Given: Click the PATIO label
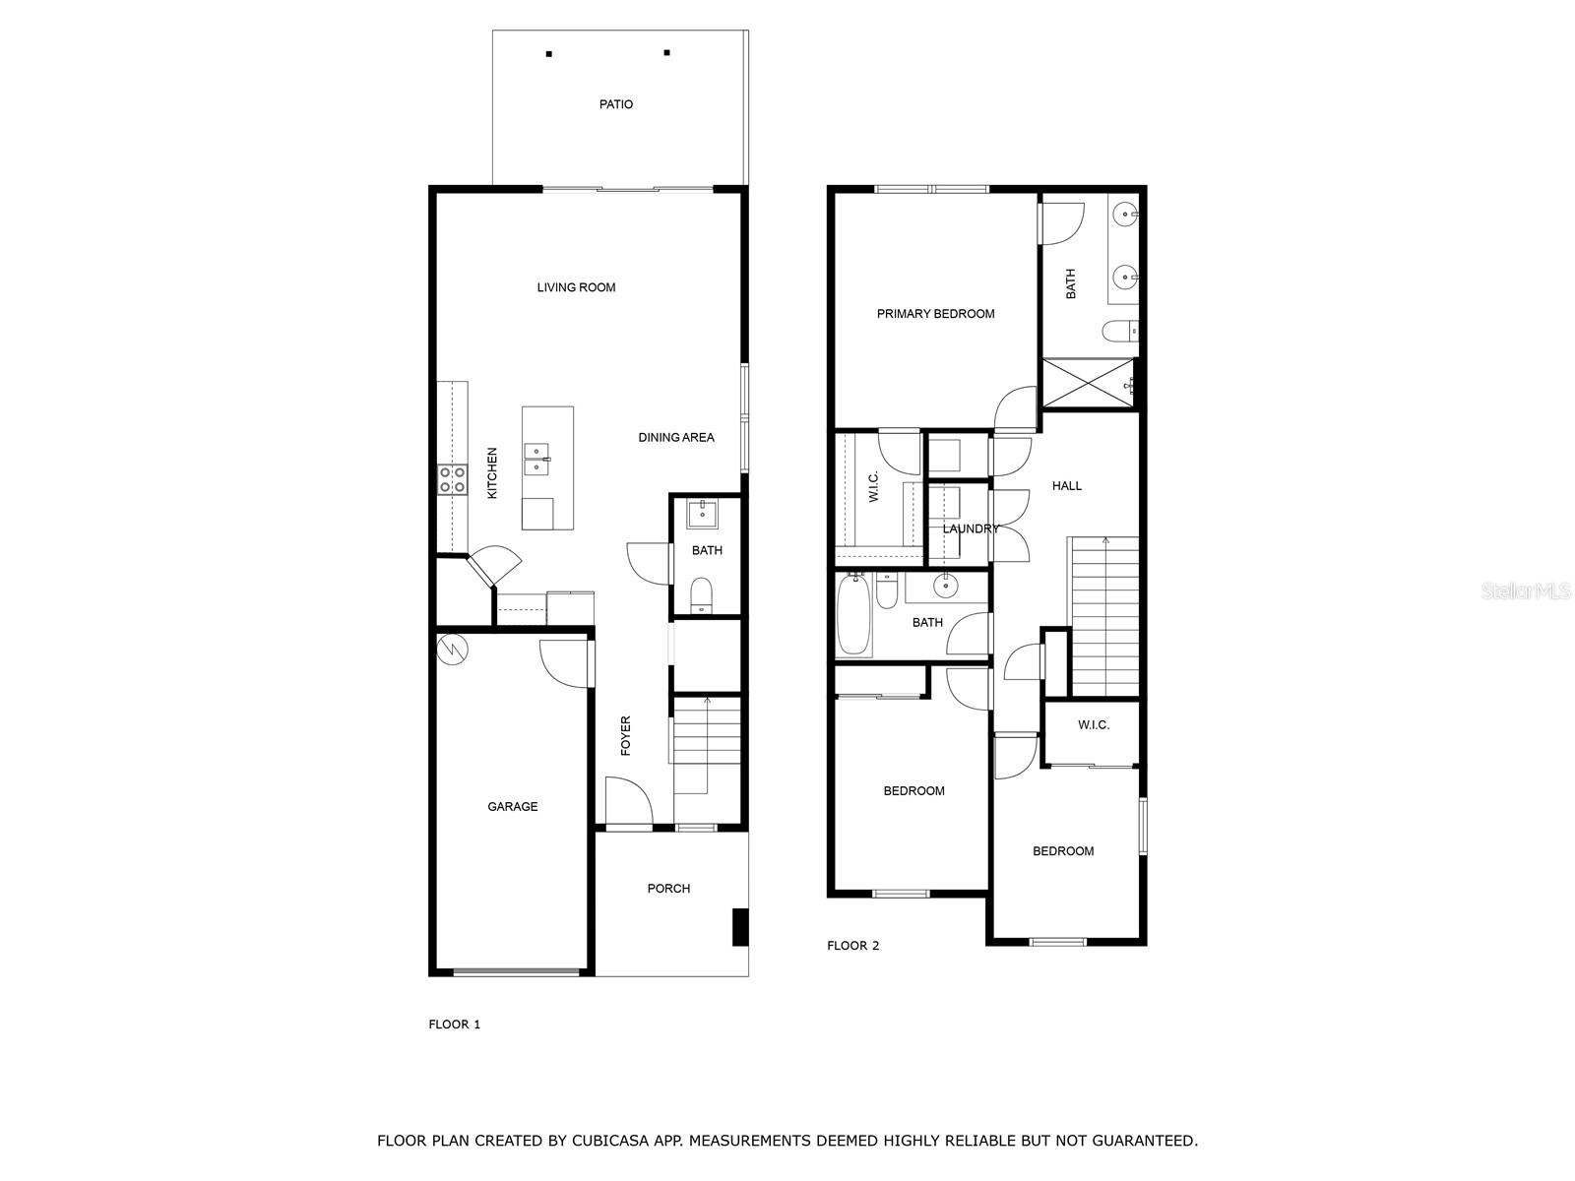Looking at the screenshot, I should (x=616, y=104).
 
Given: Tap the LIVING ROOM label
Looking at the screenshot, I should (x=576, y=287).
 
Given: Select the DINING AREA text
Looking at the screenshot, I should (x=676, y=437).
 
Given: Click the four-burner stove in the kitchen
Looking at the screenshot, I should (x=452, y=479).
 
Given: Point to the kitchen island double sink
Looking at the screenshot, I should (x=535, y=459).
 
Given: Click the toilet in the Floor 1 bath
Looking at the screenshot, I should (x=701, y=594).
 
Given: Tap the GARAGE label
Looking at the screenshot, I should (x=513, y=806).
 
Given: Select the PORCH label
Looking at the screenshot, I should (x=668, y=888).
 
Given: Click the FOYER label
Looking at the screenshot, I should (x=626, y=735).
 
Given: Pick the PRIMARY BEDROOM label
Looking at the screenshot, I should (x=935, y=314).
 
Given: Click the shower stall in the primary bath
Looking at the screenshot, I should (x=1089, y=383).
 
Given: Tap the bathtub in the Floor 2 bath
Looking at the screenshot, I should (x=853, y=617).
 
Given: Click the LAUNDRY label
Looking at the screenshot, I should (x=971, y=528).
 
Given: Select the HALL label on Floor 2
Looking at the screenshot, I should (x=1066, y=485).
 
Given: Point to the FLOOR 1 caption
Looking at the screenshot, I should (x=455, y=1024).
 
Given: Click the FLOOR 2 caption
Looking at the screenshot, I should (x=852, y=946).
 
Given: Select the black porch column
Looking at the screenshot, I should (x=739, y=927).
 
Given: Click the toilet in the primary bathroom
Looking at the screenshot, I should (x=1120, y=332).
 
